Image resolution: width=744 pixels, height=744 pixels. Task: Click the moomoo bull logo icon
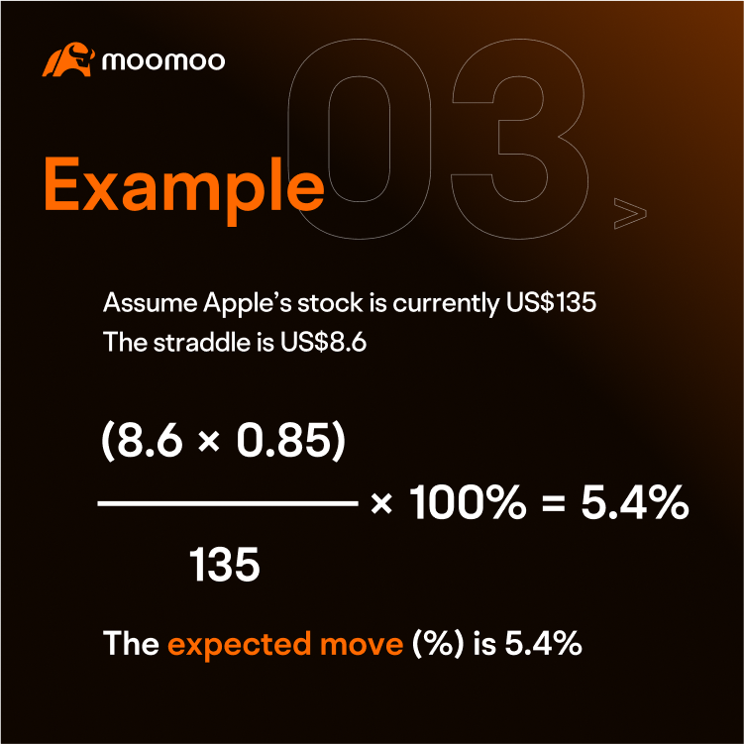[x=67, y=59]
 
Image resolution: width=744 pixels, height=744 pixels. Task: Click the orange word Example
[x=184, y=185]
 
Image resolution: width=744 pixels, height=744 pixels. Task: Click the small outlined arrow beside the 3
[x=630, y=213]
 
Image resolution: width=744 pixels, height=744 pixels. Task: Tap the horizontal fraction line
[x=227, y=504]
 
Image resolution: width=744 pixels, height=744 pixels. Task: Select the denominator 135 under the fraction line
[x=225, y=565]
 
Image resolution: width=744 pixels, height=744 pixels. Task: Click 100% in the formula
[x=466, y=505]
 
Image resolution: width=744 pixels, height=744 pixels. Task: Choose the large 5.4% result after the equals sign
[x=634, y=505]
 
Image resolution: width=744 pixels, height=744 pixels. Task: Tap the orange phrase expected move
[x=284, y=645]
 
